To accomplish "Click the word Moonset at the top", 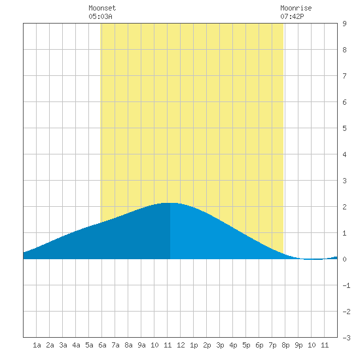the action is [x=102, y=8].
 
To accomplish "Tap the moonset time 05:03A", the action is [x=100, y=16].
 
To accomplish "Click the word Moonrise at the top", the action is [x=296, y=8].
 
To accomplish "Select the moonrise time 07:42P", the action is [x=292, y=16].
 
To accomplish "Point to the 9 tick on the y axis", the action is [x=344, y=24].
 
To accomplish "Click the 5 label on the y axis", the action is [x=344, y=128].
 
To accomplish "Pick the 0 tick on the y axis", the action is [x=344, y=259].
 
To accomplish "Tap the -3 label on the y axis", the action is [x=346, y=338].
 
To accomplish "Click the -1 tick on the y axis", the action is [x=346, y=285].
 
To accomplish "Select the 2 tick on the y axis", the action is [x=344, y=207].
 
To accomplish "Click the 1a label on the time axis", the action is [x=37, y=345].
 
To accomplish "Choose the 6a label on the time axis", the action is [x=102, y=345].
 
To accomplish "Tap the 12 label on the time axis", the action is [x=181, y=345].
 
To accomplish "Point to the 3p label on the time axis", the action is [x=220, y=345].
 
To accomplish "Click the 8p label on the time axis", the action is [x=285, y=345].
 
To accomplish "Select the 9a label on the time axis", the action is [x=141, y=345].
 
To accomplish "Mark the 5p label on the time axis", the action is [x=246, y=345].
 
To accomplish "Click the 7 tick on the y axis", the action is [x=344, y=76].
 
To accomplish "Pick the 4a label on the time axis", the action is [x=76, y=345].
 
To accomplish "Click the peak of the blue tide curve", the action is [x=170, y=203].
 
